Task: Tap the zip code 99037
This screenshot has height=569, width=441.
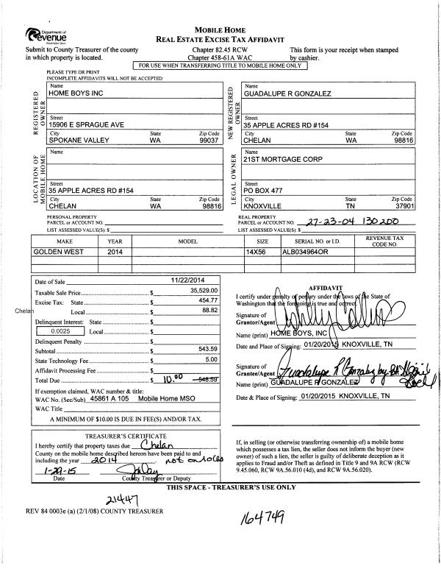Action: pyautogui.click(x=209, y=138)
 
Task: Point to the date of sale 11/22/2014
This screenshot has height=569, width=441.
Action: pyautogui.click(x=186, y=281)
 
